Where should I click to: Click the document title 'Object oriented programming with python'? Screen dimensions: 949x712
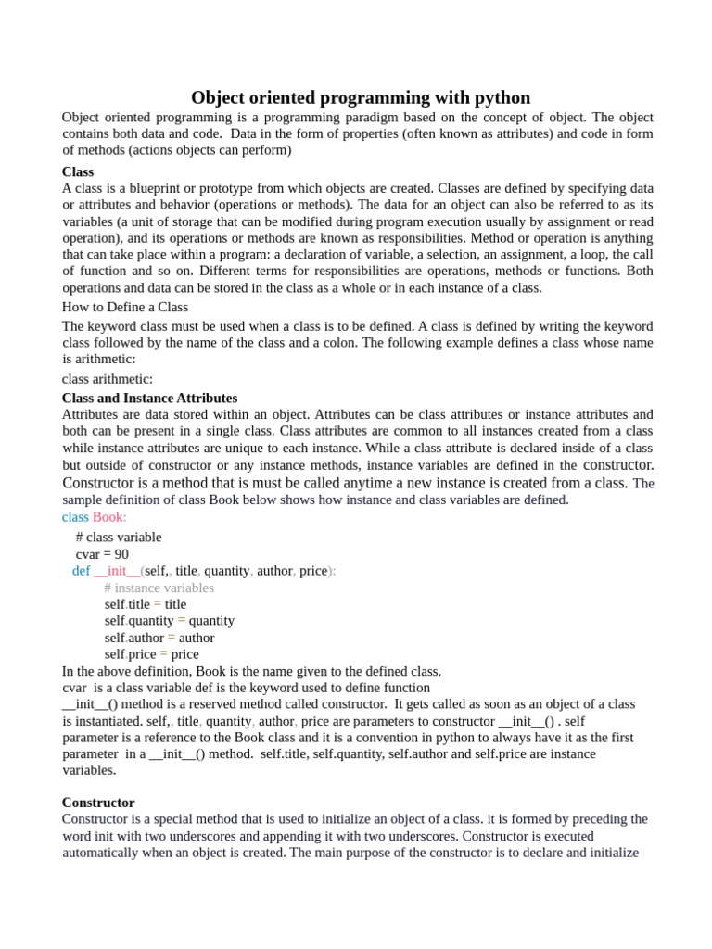coord(361,97)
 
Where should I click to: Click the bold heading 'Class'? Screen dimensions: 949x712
coord(78,171)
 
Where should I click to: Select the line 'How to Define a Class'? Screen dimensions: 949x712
coord(125,307)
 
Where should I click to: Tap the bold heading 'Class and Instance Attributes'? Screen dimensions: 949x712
coord(149,398)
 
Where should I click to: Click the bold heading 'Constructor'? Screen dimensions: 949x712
coord(98,803)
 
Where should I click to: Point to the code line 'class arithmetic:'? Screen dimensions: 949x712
coord(108,379)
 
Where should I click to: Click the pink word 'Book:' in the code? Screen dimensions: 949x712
coord(109,517)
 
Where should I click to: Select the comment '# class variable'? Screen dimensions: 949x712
coord(119,538)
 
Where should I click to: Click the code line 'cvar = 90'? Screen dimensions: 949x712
coord(102,554)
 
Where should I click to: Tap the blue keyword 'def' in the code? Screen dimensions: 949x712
coord(81,571)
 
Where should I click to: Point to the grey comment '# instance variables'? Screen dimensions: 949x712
coord(159,588)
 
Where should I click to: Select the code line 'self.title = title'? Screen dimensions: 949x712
coord(146,604)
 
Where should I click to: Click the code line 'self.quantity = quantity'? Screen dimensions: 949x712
coord(170,621)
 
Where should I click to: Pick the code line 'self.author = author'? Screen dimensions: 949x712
coord(159,638)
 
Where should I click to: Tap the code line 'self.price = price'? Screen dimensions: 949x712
coord(152,654)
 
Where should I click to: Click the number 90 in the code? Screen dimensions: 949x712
coord(121,554)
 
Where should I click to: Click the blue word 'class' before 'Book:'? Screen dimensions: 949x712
coord(75,517)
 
